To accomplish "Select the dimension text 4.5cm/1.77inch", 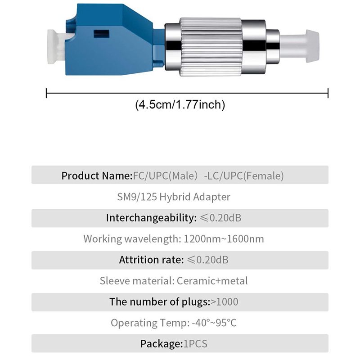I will pos(180,105).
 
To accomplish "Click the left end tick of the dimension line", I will pos(47,94).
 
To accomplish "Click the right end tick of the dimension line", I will pos(328,94).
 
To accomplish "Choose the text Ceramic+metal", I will pos(212,281).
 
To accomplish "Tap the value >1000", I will pos(225,302).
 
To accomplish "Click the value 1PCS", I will pos(195,344).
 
